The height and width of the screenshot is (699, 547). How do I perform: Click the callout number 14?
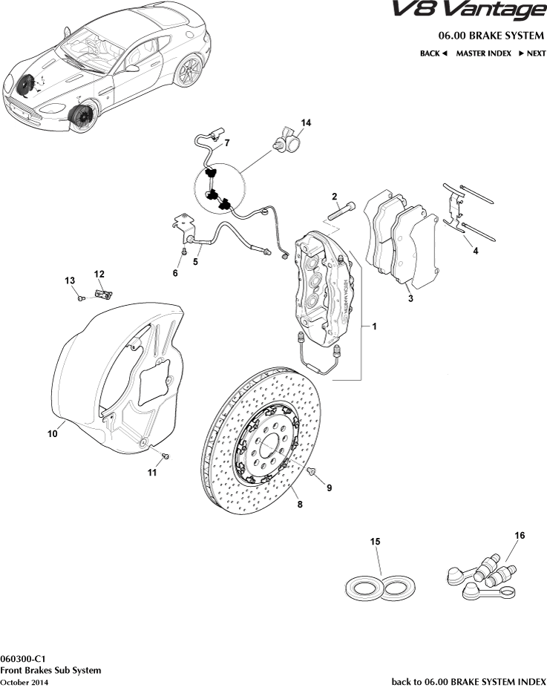(306, 122)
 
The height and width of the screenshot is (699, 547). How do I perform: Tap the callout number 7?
(227, 142)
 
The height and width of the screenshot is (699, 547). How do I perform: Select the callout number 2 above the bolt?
(335, 197)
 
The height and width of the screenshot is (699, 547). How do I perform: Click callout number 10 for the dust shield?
(53, 434)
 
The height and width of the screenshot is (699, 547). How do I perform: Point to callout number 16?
(520, 534)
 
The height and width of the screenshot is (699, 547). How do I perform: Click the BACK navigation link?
(433, 53)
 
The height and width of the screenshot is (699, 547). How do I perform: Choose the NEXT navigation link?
(532, 53)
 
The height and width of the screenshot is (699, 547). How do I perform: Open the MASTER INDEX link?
(483, 53)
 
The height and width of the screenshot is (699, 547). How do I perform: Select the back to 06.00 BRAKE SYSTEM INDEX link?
(468, 681)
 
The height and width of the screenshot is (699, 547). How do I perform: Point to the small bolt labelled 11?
(166, 456)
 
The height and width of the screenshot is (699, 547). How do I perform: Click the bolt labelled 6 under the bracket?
(183, 252)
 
